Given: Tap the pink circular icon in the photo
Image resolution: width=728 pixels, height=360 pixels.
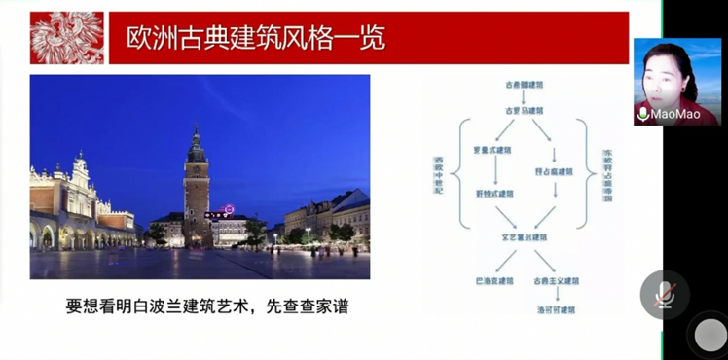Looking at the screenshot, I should (230, 208).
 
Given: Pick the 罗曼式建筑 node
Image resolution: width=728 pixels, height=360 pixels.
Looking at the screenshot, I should (492, 152).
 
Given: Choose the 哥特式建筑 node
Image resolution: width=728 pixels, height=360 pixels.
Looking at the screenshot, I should (493, 194).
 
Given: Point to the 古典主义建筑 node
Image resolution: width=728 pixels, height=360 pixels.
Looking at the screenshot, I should (557, 281).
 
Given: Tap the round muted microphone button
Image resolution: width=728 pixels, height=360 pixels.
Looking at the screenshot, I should (665, 294).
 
